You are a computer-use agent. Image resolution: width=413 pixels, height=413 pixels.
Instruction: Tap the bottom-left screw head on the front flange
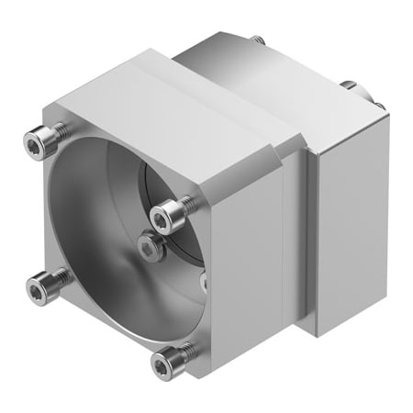(37, 291)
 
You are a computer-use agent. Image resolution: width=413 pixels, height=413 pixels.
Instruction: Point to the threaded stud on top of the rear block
(258, 39)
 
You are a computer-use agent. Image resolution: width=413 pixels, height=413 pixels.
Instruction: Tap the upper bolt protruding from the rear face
(350, 85)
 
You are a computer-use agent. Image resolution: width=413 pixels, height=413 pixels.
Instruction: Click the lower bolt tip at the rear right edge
(378, 105)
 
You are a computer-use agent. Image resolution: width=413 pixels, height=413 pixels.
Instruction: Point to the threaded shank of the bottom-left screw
(59, 276)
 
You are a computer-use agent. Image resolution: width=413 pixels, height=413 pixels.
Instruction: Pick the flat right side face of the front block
(248, 266)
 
